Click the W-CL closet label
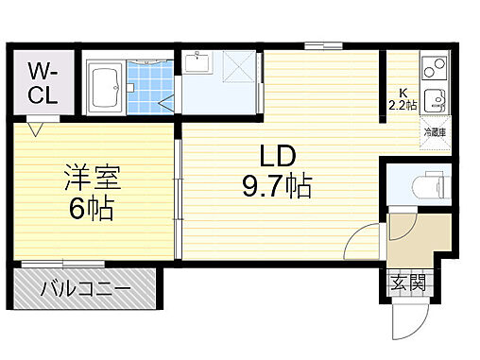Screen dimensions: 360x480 coord(41,83)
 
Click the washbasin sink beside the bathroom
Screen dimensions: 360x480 coord(199,63)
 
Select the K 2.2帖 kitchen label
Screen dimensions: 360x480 coord(402,99)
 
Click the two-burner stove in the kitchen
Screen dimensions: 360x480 coord(433,68)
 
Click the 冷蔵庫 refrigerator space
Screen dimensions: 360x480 coord(435,133)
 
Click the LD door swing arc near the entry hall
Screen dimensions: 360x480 coord(360,241)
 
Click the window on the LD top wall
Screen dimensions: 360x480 coord(324,44)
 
